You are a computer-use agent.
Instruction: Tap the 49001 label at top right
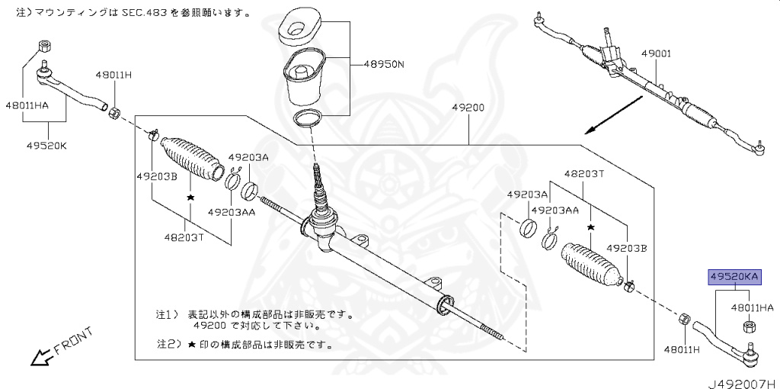pyautogui.click(x=655, y=55)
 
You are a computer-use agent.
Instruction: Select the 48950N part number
pyautogui.click(x=383, y=64)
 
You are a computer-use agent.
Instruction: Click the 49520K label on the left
pyautogui.click(x=48, y=146)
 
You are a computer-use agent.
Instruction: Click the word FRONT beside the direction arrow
pyautogui.click(x=73, y=340)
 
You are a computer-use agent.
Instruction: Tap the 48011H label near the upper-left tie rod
pyautogui.click(x=113, y=75)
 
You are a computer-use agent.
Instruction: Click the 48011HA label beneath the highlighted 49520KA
pyautogui.click(x=752, y=307)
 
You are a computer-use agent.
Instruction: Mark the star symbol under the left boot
pyautogui.click(x=189, y=197)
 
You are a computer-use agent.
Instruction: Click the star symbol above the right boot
pyautogui.click(x=590, y=227)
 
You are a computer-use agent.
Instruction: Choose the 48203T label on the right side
pyautogui.click(x=583, y=173)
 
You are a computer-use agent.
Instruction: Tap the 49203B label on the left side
pyautogui.click(x=156, y=176)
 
